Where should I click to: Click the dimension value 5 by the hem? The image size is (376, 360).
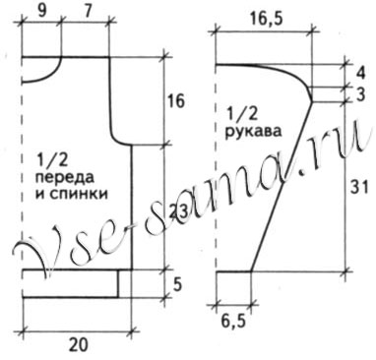pyautogui.click(x=177, y=284)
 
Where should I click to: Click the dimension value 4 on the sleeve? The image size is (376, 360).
pyautogui.click(x=361, y=73)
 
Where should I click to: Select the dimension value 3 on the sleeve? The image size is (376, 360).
pyautogui.click(x=361, y=94)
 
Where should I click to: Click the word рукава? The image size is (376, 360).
pyautogui.click(x=252, y=130)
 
